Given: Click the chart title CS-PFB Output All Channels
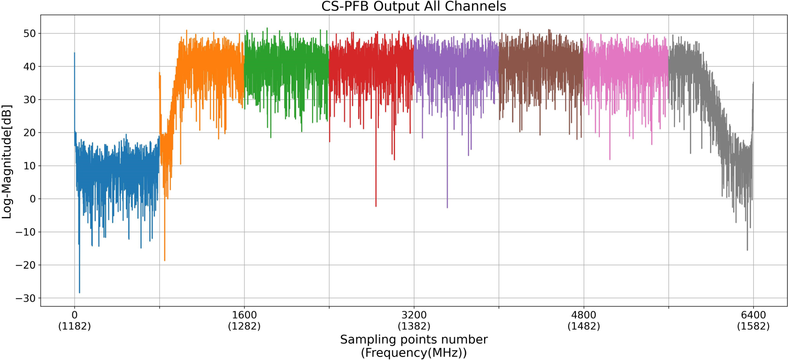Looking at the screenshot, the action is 413,6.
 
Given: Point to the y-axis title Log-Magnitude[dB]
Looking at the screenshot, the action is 6,162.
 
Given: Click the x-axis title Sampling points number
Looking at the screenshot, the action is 413,339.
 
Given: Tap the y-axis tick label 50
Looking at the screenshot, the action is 29,33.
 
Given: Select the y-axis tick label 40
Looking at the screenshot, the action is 29,66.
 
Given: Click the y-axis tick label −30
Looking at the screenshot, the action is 26,298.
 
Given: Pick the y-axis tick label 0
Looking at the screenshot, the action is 33,199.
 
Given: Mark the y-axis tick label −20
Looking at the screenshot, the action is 26,265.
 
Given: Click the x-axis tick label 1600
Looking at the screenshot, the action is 244,315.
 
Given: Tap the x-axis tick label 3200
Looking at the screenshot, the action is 414,315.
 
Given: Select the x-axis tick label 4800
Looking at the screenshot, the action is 584,315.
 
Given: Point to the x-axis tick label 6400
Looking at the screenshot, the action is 753,315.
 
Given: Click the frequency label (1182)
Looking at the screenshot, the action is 74,326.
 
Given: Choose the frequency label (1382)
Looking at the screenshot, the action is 414,326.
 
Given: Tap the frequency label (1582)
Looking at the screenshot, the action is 753,326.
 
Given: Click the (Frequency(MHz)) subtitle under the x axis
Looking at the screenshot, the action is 413,353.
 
